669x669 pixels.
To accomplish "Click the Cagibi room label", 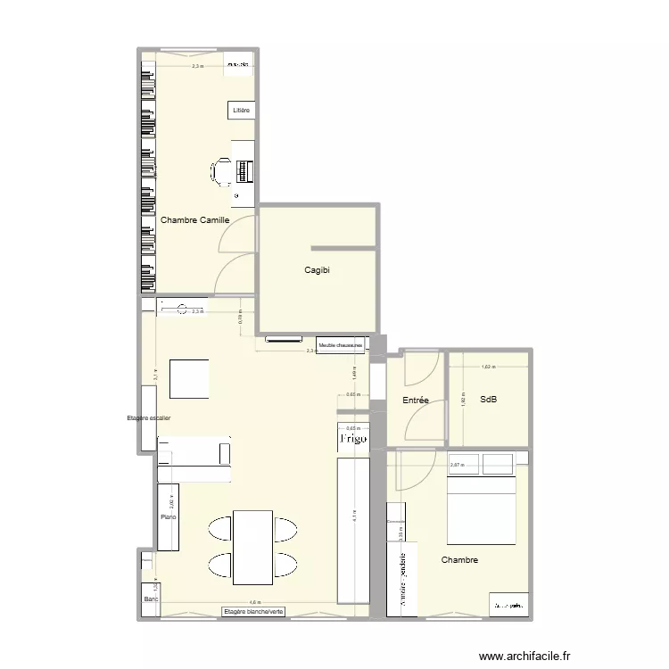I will pyautogui.click(x=318, y=271).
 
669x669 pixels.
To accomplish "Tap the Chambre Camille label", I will pyautogui.click(x=194, y=219).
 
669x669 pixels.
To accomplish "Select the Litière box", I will pyautogui.click(x=241, y=110).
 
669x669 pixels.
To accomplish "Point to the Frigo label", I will pyautogui.click(x=352, y=439).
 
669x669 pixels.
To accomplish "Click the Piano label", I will pyautogui.click(x=168, y=516).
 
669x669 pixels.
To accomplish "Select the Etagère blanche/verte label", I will pyautogui.click(x=254, y=612).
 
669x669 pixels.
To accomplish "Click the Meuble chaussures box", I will pyautogui.click(x=340, y=344).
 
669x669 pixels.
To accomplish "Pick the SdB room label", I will pyautogui.click(x=488, y=400).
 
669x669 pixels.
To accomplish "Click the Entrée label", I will pyautogui.click(x=416, y=401).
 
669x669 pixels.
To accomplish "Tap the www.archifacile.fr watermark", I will pyautogui.click(x=524, y=656).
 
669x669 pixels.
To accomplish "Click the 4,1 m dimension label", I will pyautogui.click(x=355, y=516).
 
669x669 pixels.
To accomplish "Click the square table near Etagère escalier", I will pyautogui.click(x=189, y=379).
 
